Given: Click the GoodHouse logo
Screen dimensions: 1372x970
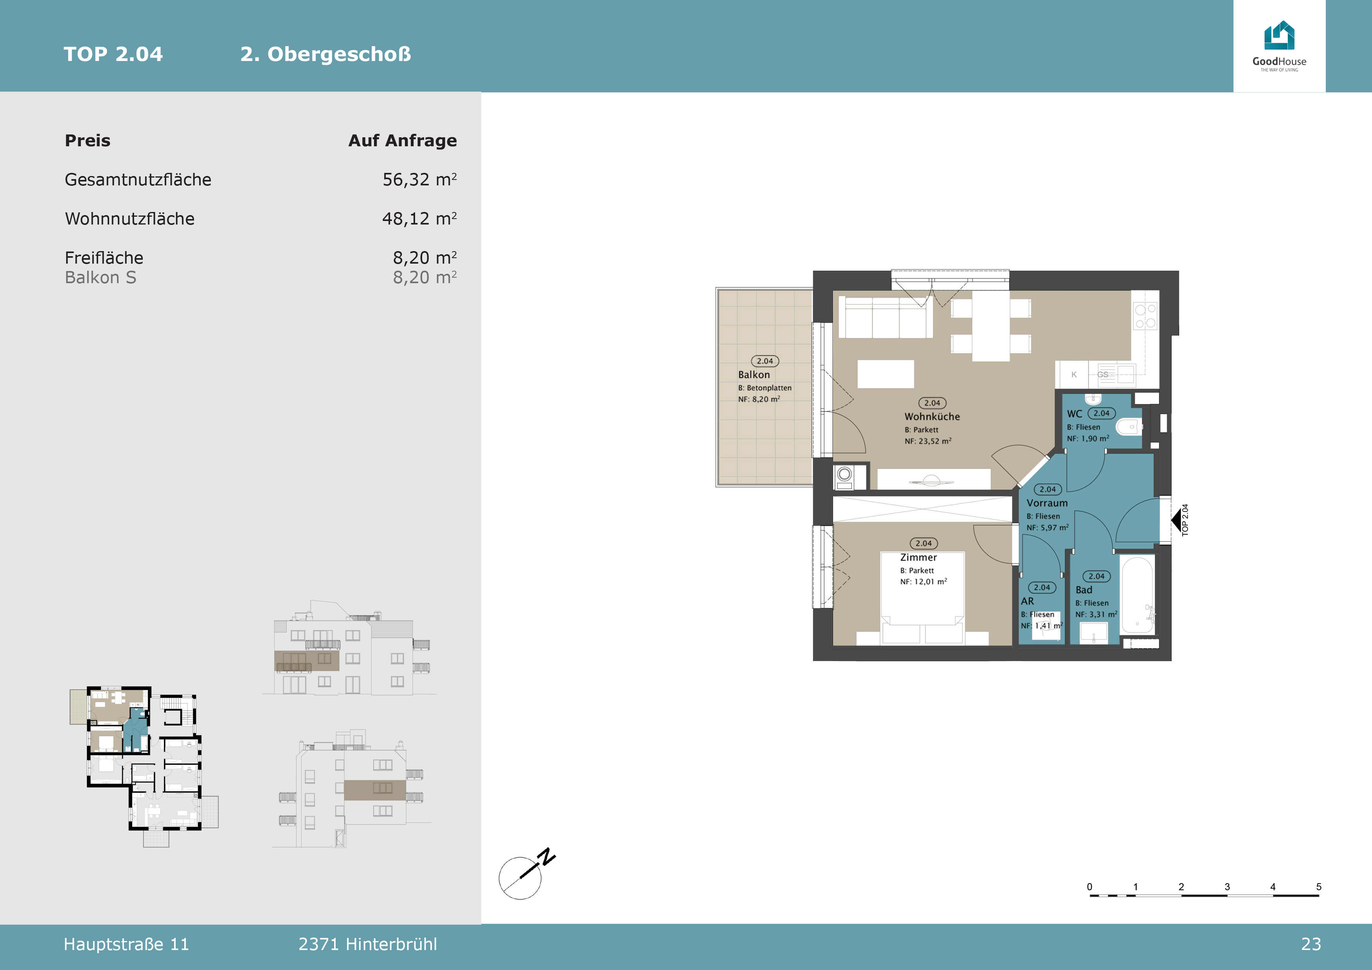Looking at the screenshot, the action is [x=1279, y=46].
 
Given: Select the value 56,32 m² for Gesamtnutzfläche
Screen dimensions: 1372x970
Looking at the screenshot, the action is [x=419, y=179].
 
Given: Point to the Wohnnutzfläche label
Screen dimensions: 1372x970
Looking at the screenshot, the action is [x=129, y=219].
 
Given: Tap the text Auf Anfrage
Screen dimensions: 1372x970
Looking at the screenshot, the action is [x=403, y=140].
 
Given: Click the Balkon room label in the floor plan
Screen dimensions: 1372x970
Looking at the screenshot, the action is [x=754, y=374].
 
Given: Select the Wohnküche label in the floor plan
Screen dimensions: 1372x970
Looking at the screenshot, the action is [x=932, y=416].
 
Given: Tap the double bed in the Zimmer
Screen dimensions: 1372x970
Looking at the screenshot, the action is [x=922, y=597].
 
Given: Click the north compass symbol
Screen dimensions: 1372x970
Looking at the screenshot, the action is [x=527, y=874].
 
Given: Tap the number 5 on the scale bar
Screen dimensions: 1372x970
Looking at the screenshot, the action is [x=1318, y=886].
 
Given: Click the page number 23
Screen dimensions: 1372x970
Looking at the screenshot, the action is [x=1311, y=944].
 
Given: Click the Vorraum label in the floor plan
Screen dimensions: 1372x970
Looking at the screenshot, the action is [x=1047, y=503].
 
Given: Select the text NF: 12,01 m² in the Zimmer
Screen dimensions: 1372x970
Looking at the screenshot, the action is [x=923, y=581].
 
